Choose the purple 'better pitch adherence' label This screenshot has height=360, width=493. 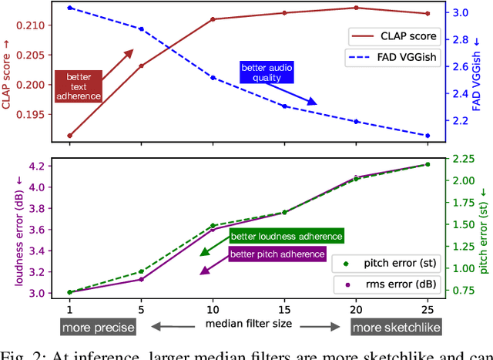276,254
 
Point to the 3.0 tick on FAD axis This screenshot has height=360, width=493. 459,13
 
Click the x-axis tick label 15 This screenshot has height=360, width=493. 283,308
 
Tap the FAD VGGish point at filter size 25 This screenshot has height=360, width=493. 428,136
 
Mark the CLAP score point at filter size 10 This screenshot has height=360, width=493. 213,19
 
